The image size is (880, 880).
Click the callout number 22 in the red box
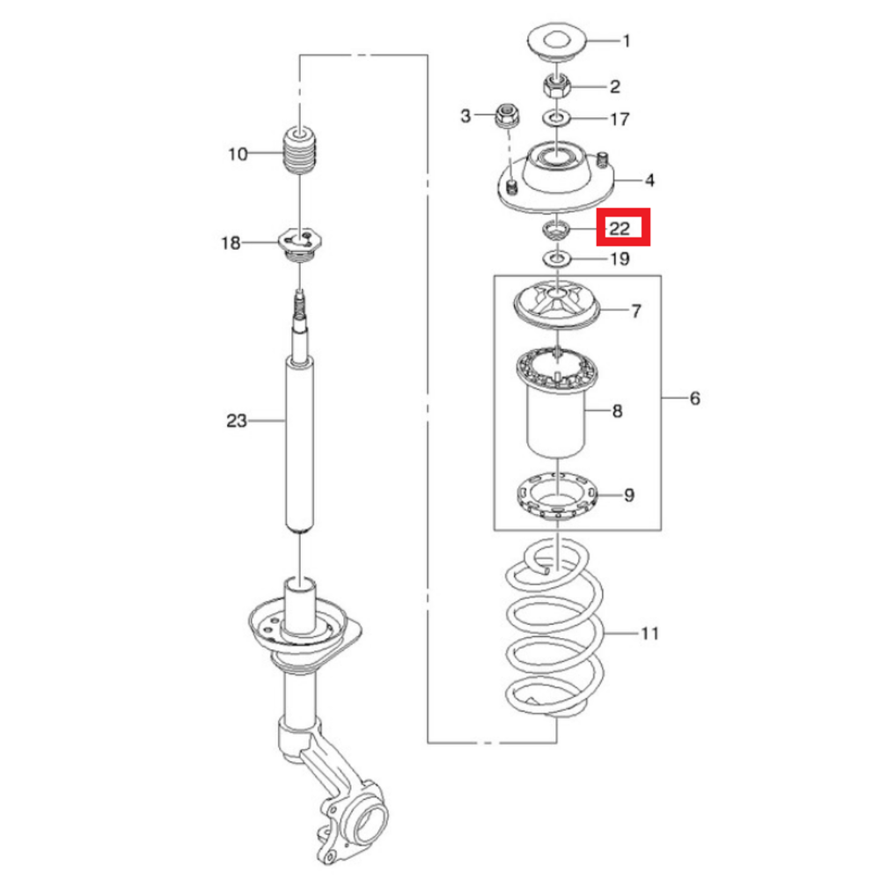click(x=620, y=228)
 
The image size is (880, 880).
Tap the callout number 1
click(x=627, y=41)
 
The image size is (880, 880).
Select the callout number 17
click(x=620, y=119)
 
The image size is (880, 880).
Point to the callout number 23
click(x=236, y=421)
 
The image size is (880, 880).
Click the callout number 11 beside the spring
click(x=649, y=634)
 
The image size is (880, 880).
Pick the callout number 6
click(x=695, y=398)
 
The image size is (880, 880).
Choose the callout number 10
click(x=238, y=153)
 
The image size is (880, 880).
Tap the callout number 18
click(x=231, y=243)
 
